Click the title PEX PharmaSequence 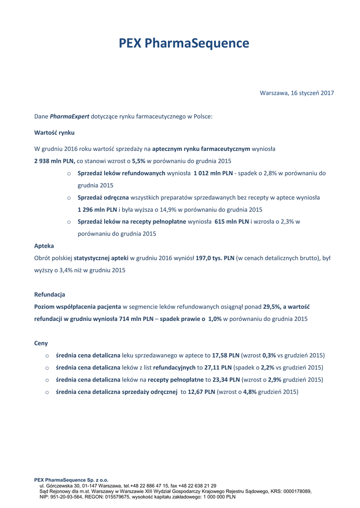click(x=184, y=44)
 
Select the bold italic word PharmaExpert click(x=70, y=117)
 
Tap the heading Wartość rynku click(x=54, y=132)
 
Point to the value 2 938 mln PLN click(x=55, y=161)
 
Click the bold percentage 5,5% click(x=139, y=161)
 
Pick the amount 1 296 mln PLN click(x=97, y=209)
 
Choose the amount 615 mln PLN click(x=231, y=222)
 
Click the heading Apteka click(x=44, y=246)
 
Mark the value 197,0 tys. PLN click(x=215, y=258)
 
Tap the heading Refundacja click(x=50, y=294)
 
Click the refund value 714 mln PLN click(x=136, y=319)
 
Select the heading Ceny click(x=41, y=343)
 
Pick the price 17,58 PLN click(x=225, y=355)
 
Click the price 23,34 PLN click(x=226, y=380)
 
